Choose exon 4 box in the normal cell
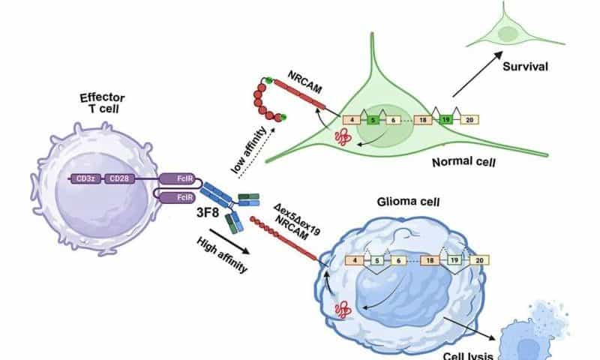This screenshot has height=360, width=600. click(x=351, y=118)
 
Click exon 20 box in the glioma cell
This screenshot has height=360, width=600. click(x=479, y=259)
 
